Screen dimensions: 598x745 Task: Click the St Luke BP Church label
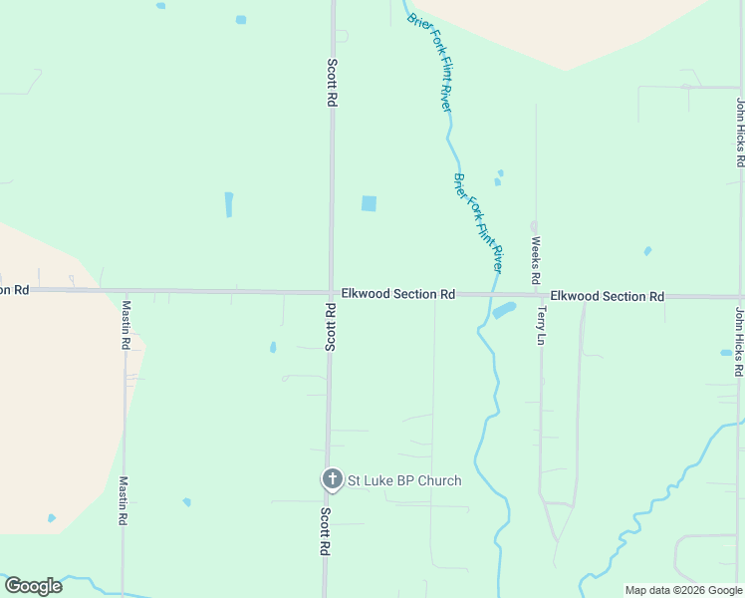403,480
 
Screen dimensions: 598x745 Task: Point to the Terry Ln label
542,325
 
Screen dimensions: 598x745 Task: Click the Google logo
33,586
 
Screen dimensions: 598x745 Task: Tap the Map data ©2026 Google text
683,590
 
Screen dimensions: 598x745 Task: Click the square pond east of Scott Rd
370,203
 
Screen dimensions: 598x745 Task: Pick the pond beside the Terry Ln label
504,310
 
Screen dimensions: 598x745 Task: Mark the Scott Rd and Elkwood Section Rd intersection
331,293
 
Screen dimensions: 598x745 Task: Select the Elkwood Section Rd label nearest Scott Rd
397,295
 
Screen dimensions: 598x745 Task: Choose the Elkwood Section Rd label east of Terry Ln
607,297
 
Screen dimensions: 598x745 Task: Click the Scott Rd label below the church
326,531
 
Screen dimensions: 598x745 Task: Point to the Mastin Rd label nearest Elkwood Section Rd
125,324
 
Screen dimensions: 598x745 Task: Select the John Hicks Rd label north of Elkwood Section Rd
740,132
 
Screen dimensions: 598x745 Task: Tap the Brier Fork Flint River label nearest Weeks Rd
479,223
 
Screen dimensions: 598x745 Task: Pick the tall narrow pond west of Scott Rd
229,204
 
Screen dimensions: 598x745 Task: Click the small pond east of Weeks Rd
647,251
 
